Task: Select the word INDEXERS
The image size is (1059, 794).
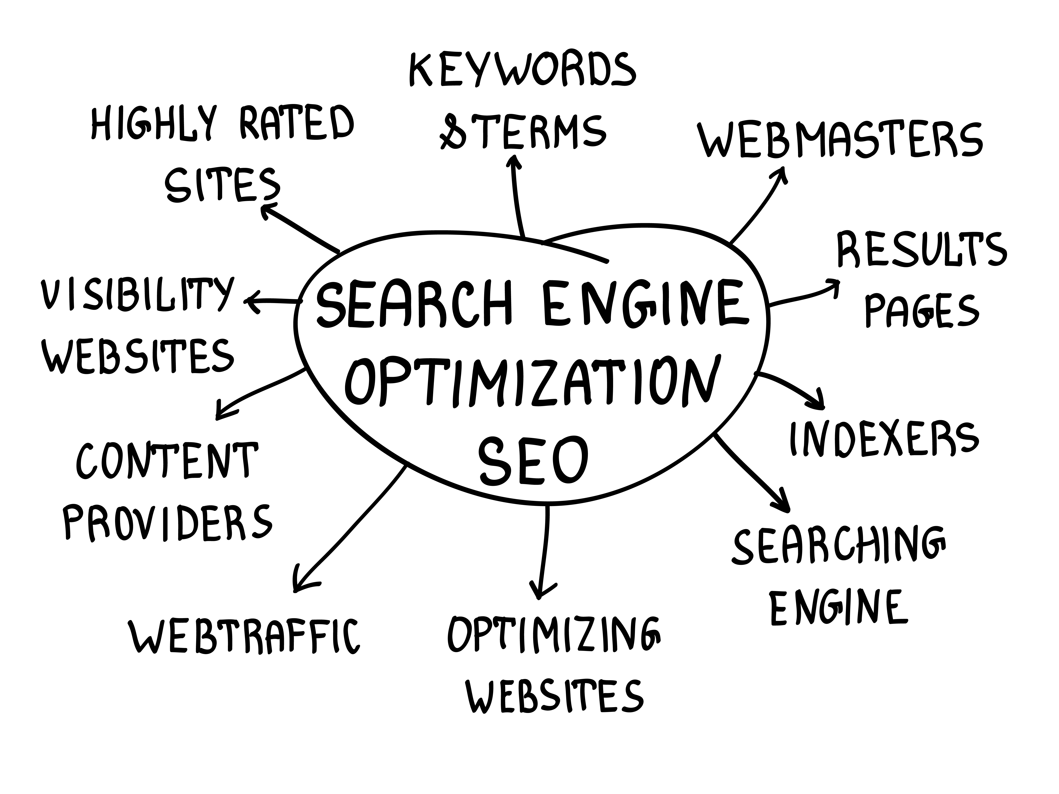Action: [883, 438]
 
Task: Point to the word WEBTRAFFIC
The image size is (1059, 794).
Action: [244, 636]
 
